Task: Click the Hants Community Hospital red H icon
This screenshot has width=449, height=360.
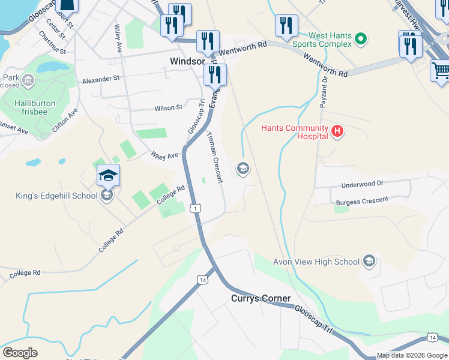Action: pos(337,131)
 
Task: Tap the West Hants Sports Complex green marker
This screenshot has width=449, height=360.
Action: pos(360,40)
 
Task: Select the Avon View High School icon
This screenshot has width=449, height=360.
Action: pos(369,262)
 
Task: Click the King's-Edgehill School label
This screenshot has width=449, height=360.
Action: pos(56,196)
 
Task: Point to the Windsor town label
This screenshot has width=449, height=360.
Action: pos(188,61)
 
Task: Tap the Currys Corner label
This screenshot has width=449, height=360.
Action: pos(261,298)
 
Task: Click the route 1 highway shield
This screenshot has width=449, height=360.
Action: pos(195,208)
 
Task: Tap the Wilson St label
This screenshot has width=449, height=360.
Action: pos(168,108)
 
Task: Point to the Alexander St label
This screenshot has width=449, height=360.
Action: pos(101,79)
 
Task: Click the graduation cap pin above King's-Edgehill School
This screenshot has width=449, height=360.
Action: pos(108,175)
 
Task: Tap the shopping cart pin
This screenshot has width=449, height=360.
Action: pos(440,70)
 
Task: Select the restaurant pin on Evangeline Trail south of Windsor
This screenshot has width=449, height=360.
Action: pos(214,75)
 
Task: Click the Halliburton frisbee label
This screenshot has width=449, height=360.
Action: pos(35,103)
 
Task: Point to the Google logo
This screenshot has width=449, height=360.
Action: pos(20,353)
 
